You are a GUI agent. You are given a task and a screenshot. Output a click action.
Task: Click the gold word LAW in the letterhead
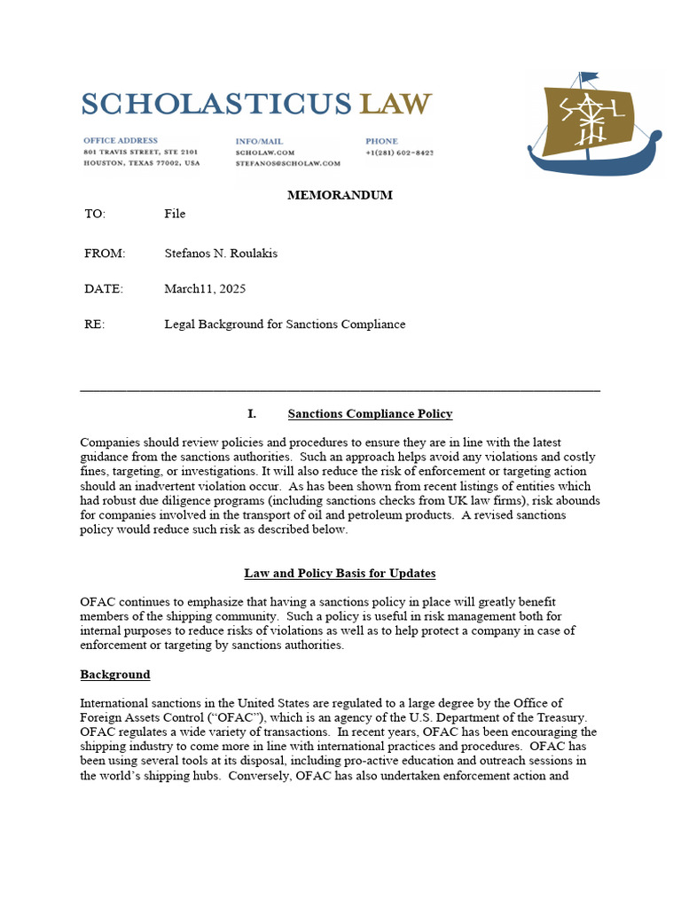(395, 104)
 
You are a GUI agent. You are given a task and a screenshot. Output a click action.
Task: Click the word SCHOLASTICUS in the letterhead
(217, 104)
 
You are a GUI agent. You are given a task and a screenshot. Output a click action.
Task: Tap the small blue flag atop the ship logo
(589, 77)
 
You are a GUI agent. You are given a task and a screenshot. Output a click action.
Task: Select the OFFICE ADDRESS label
(121, 141)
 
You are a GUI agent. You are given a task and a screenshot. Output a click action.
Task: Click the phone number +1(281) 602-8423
(399, 153)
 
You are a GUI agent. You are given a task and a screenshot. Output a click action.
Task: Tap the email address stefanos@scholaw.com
(287, 163)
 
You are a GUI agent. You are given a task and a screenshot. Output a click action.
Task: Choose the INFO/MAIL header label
(259, 141)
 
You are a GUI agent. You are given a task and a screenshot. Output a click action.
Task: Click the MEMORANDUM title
(340, 195)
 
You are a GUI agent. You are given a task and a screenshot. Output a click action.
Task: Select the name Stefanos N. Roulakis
(221, 254)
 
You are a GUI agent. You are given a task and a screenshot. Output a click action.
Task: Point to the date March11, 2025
(205, 289)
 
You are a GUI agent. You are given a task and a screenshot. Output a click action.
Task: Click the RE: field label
(94, 325)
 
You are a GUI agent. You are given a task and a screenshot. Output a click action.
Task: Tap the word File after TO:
(175, 214)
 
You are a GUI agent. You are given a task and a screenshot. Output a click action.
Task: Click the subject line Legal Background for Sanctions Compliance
(285, 325)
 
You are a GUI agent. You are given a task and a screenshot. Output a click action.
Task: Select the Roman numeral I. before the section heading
(252, 414)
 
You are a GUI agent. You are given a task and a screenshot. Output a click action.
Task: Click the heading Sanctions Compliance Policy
(370, 414)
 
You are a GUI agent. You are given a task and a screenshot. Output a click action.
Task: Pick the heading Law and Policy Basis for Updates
(340, 573)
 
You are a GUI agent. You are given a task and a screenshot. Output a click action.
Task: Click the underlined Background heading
(115, 675)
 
